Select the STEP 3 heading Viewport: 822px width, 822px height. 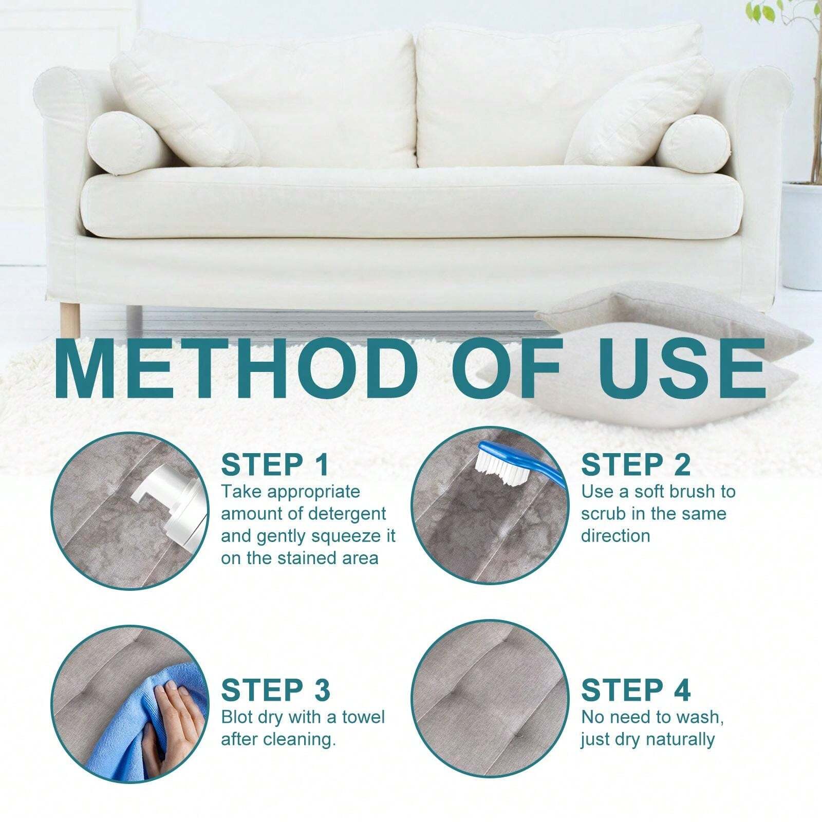tap(276, 689)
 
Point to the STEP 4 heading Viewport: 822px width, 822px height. tap(636, 689)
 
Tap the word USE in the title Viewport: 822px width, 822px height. tap(680, 367)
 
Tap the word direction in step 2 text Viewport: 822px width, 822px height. tap(615, 536)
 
